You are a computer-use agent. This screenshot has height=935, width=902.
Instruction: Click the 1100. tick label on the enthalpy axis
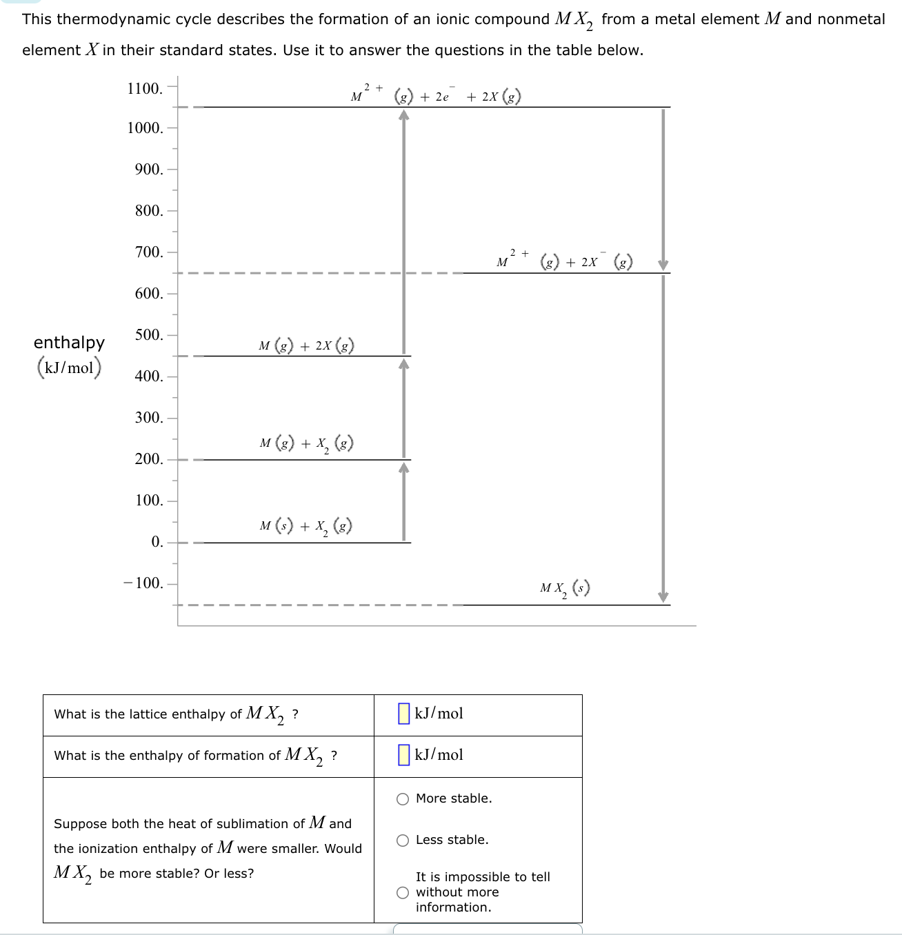click(145, 88)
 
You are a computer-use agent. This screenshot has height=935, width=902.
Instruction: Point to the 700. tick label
click(149, 252)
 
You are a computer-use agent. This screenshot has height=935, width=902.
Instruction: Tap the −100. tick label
click(143, 583)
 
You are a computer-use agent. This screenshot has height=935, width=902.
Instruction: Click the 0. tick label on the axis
click(157, 542)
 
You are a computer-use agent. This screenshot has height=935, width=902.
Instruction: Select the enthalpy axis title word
click(69, 343)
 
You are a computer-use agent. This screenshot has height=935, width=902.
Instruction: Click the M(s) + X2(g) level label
click(306, 527)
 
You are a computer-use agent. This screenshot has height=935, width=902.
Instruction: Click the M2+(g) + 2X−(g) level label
click(564, 261)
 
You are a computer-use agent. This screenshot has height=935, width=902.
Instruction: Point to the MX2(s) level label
click(565, 589)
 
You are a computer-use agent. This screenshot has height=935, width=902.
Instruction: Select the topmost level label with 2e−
click(436, 95)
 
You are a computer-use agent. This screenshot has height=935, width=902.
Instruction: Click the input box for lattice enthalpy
click(404, 714)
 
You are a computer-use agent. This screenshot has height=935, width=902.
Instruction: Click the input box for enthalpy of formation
click(404, 755)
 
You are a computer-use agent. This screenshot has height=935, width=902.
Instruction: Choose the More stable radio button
click(403, 799)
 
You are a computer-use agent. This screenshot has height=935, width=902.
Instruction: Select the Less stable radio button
click(403, 841)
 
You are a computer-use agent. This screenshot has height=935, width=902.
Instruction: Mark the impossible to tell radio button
click(403, 893)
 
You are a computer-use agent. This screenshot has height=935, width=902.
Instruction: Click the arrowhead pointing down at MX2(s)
click(663, 597)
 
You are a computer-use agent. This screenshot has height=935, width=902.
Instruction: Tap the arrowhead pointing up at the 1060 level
click(404, 115)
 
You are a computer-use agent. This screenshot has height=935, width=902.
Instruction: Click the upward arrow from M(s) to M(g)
click(404, 503)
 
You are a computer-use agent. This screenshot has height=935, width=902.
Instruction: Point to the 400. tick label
click(149, 376)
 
